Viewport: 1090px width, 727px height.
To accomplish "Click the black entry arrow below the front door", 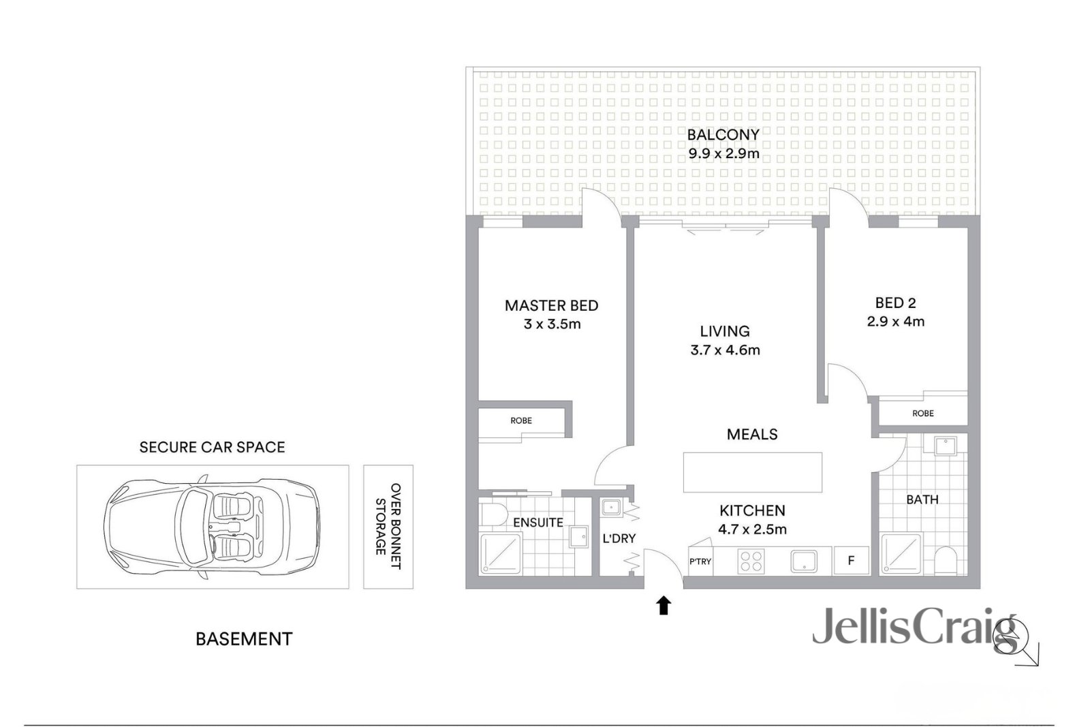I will (x=664, y=606).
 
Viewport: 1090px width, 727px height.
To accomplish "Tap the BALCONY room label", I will (x=723, y=134).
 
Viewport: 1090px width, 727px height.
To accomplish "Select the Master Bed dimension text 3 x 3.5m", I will (x=552, y=324).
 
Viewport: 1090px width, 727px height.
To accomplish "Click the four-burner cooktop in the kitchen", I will (x=751, y=561).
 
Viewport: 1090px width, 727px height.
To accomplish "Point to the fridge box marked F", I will (x=851, y=561).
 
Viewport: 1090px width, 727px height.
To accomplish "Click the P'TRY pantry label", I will (x=700, y=562).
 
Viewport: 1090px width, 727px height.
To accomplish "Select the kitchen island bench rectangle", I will (x=753, y=472).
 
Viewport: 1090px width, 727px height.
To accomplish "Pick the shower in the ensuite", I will (x=501, y=553).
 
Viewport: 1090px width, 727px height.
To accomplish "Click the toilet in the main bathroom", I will (x=946, y=561).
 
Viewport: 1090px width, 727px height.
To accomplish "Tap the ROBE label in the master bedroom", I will (x=521, y=421).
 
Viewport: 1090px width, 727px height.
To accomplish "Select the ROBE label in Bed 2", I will (x=923, y=414).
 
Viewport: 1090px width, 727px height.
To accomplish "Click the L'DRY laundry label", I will (x=619, y=538).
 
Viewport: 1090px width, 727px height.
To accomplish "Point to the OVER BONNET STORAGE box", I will (x=388, y=527).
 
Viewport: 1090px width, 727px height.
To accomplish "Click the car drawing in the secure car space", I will (x=211, y=527).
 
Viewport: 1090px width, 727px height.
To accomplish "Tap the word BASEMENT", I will (x=244, y=639).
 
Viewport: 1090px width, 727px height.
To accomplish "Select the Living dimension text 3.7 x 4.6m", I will (x=725, y=350).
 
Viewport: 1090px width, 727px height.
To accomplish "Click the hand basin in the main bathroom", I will (x=945, y=446).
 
